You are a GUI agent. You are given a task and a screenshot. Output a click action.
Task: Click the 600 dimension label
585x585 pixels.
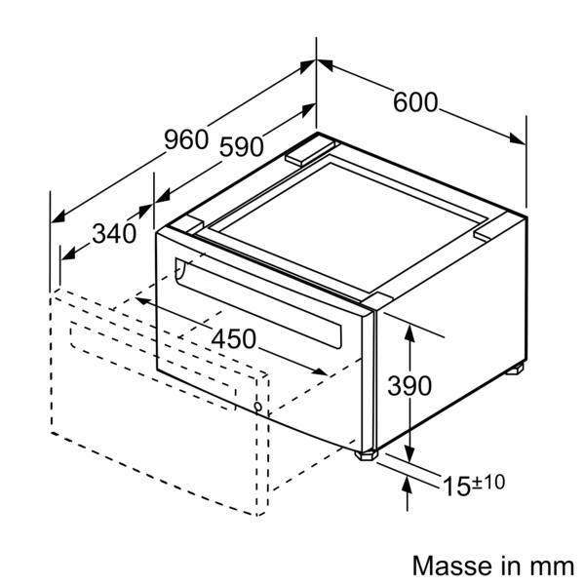[x=415, y=102]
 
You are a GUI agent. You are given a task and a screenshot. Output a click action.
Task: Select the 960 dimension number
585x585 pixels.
[x=186, y=139]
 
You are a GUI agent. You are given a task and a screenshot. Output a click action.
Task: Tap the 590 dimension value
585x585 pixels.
[x=242, y=146]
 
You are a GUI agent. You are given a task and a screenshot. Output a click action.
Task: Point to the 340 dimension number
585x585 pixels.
[x=114, y=234]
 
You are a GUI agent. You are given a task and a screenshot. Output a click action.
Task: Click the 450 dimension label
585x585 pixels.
[x=234, y=338]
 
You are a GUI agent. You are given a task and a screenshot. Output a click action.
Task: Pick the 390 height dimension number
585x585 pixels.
[x=409, y=385]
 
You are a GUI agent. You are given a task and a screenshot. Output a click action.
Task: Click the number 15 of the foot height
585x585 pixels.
[x=456, y=487]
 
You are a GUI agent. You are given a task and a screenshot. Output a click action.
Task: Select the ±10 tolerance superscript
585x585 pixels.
[x=488, y=482]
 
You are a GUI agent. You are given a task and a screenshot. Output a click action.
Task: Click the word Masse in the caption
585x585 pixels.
[x=454, y=565]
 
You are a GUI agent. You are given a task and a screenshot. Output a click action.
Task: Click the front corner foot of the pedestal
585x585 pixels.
[x=367, y=455]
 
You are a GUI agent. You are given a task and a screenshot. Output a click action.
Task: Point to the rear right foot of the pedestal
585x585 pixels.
[x=515, y=369]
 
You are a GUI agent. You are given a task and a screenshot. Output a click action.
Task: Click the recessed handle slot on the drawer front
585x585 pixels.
[x=258, y=303]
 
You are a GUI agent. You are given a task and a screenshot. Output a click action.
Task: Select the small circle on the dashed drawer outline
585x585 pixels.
[x=258, y=407]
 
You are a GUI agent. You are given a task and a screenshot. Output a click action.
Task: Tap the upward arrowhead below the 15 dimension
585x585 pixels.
[x=407, y=485]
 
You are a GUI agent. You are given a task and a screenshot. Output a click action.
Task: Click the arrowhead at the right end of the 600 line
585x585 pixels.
[x=518, y=138]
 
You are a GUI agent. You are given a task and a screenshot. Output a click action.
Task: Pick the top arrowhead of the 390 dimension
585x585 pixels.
[x=409, y=333]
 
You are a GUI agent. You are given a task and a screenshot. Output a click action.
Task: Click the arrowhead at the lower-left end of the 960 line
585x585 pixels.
[x=58, y=217]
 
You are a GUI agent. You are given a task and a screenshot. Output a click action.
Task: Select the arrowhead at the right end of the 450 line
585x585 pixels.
[x=320, y=370]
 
